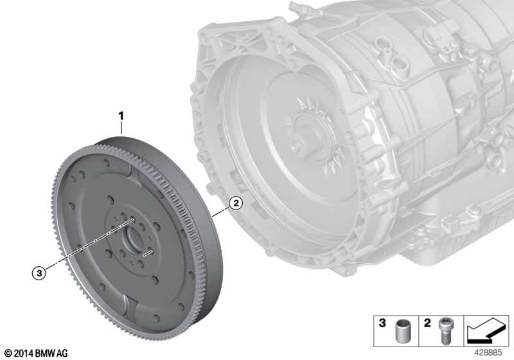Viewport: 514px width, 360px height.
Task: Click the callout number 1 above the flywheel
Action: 120,116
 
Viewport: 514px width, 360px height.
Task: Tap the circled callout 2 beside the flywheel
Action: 236,203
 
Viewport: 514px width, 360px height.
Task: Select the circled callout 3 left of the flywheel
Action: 40,273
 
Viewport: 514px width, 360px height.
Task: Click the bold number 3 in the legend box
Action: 382,324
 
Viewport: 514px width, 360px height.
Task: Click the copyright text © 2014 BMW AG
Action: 35,353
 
